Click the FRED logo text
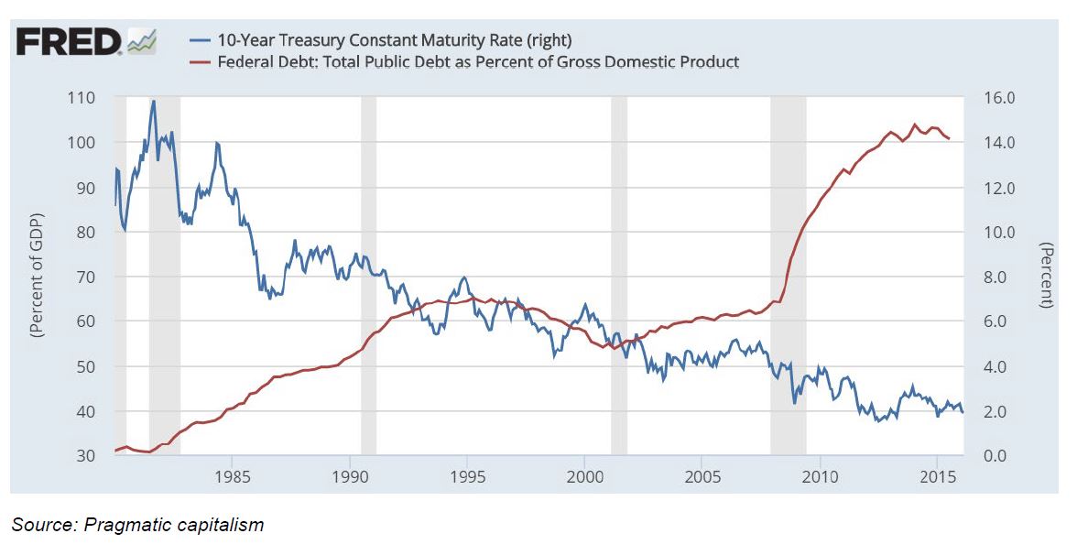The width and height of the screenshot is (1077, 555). [x=69, y=42]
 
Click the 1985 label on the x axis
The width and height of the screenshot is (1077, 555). [x=232, y=478]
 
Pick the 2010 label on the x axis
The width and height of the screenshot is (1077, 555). [x=819, y=478]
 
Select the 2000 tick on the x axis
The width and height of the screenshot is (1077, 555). [x=584, y=478]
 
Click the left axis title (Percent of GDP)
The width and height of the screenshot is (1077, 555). [x=38, y=277]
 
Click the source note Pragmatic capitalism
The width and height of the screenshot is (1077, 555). [x=137, y=525]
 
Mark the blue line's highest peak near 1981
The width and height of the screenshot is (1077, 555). [x=153, y=101]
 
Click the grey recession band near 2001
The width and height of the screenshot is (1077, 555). [x=619, y=275]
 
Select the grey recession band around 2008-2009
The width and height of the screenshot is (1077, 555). [x=788, y=275]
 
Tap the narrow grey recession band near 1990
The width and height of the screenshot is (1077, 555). [x=368, y=275]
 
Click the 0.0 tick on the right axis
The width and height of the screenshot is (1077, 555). [x=995, y=456]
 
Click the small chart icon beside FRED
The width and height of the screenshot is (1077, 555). [x=142, y=42]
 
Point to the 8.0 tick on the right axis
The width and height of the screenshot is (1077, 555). [x=995, y=277]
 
